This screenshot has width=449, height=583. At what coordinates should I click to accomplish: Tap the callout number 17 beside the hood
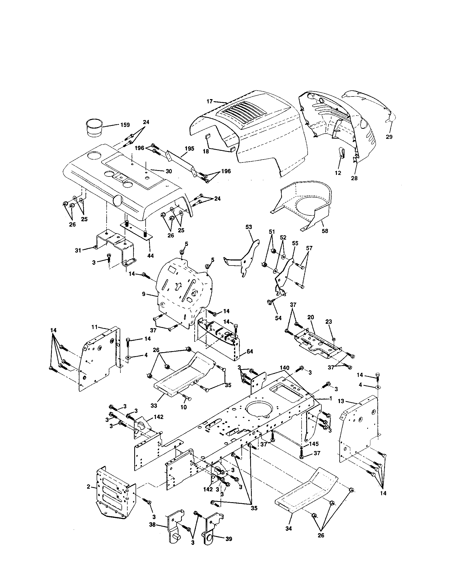pos(210,101)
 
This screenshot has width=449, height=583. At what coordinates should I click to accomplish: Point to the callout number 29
pos(389,137)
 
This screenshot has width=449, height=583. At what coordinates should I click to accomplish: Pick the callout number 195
pos(189,148)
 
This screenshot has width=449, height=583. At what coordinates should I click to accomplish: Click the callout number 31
pos(78,250)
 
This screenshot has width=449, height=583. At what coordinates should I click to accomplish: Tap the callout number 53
pos(249,227)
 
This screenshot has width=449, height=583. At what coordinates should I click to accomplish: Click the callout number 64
pos(250,352)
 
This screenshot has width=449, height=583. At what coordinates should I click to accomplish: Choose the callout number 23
pos(329,322)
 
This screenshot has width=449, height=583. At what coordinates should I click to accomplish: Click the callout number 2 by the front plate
pos(88,487)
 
